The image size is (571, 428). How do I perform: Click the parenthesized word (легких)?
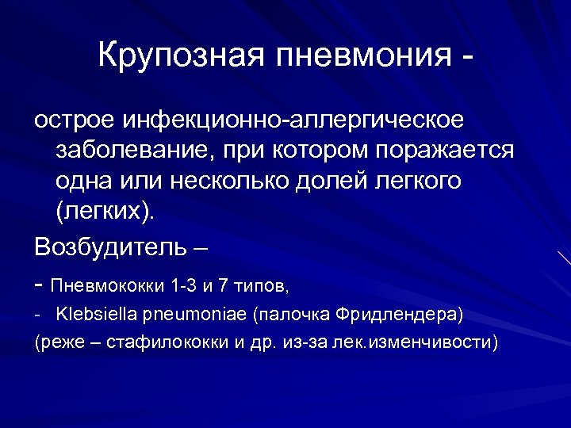point(106,212)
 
